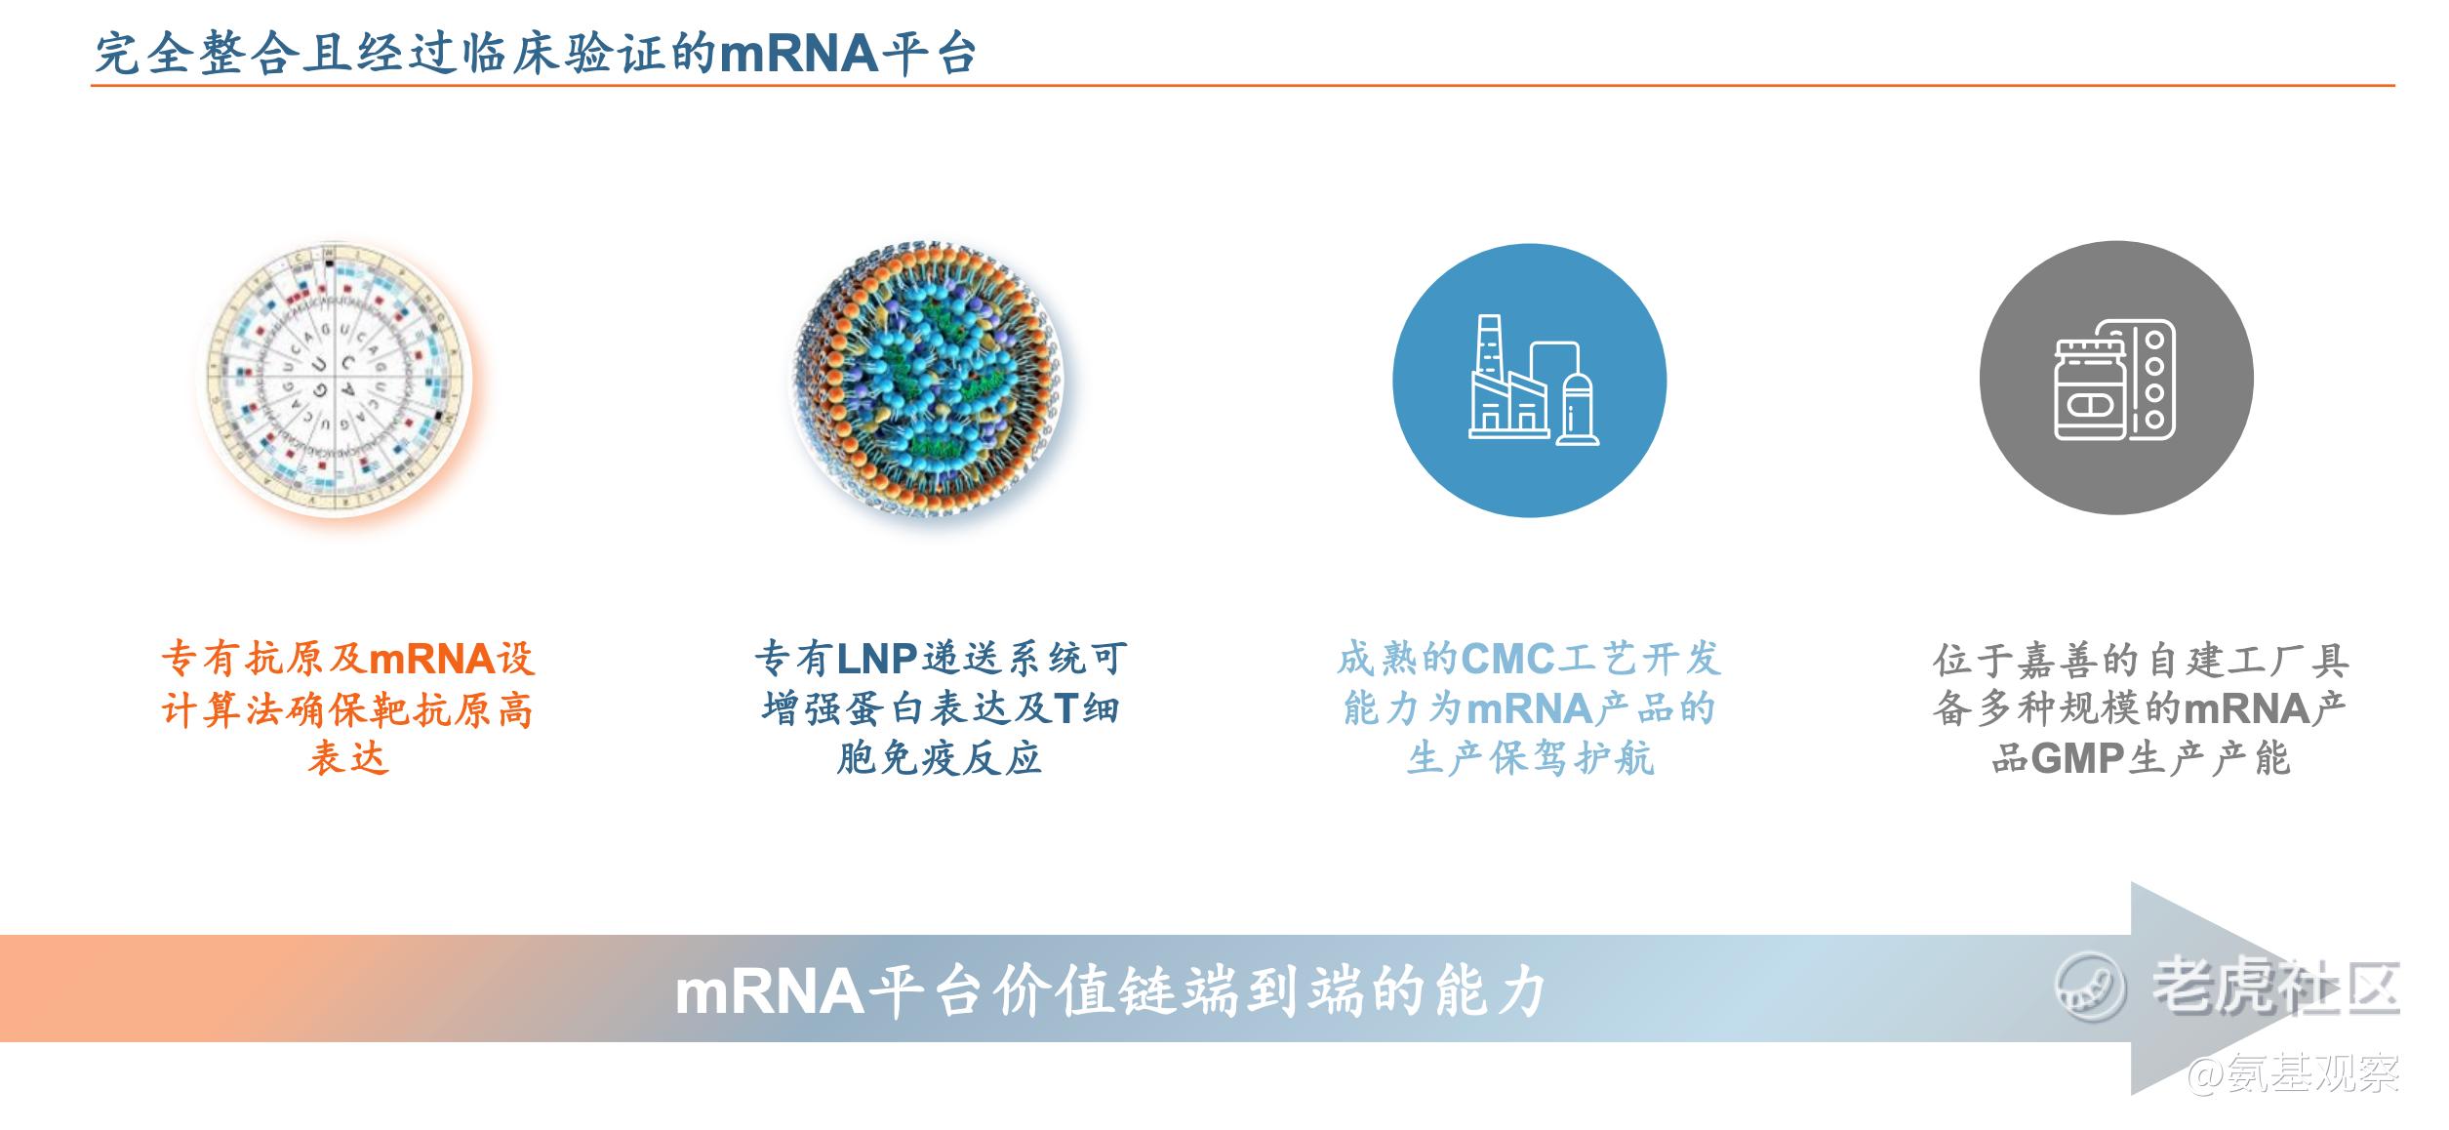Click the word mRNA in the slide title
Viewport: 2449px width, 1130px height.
tap(799, 53)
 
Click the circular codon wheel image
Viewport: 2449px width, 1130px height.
tap(336, 377)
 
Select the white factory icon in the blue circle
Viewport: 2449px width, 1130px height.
tap(1533, 380)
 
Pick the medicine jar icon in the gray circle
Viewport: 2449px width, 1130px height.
tap(2092, 389)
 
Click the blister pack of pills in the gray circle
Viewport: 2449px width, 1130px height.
tap(2154, 380)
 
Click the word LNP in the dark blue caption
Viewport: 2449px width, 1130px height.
tap(877, 660)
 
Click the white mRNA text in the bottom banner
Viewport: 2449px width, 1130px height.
tap(770, 991)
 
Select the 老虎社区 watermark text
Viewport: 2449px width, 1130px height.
tap(2275, 987)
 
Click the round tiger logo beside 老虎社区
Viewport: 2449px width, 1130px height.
tap(2089, 987)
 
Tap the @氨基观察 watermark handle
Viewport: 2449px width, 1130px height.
tap(2292, 1073)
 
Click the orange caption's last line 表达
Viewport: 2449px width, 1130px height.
tap(348, 758)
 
